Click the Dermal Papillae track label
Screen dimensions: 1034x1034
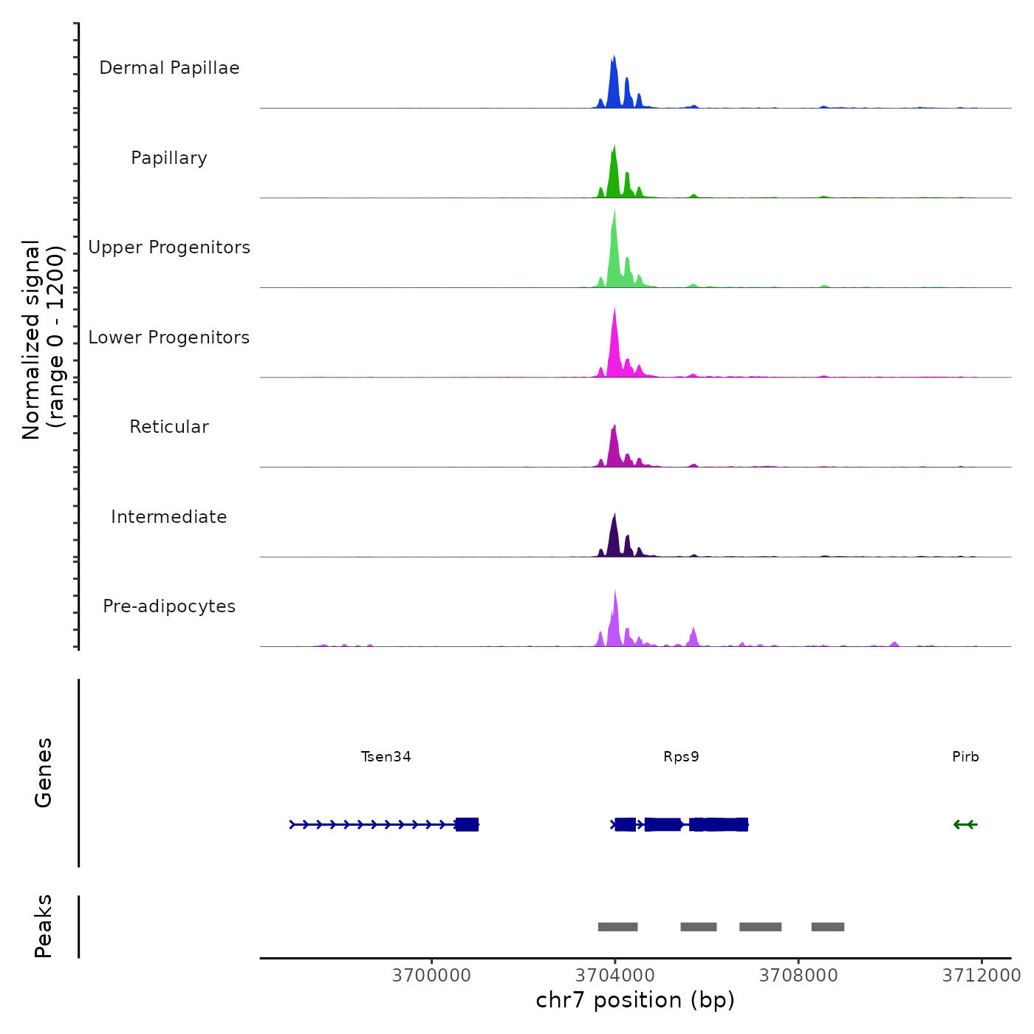point(169,68)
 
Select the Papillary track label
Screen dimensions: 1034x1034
point(169,158)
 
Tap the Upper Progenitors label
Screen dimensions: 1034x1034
point(169,247)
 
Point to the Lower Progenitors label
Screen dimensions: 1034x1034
point(169,338)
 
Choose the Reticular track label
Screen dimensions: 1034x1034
point(169,427)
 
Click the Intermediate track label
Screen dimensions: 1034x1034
point(169,517)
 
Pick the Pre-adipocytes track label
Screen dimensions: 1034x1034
point(169,606)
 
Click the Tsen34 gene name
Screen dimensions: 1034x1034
point(386,757)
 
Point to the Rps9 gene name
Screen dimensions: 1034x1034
point(681,757)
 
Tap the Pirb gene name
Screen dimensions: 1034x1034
point(965,757)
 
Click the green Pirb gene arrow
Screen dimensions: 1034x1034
point(965,824)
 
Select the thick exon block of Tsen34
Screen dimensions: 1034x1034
point(467,824)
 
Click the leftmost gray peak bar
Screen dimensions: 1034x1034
point(617,927)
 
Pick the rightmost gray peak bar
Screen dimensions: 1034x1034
point(827,927)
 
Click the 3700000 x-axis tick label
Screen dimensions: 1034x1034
point(431,976)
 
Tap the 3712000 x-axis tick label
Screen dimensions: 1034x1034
point(981,976)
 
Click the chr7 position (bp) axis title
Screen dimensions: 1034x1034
point(635,1001)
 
